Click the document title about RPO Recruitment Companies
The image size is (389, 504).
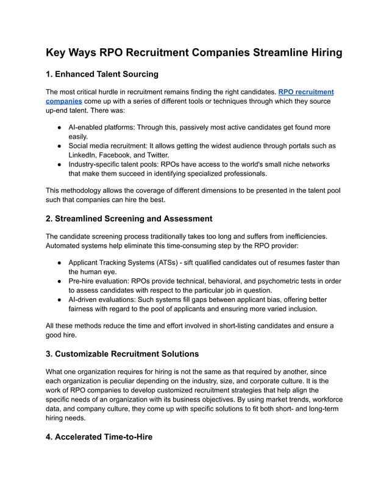coord(194,52)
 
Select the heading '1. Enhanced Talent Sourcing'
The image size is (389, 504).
coord(102,74)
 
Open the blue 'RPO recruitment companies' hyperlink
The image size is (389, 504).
coord(305,92)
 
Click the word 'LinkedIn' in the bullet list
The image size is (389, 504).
coord(84,156)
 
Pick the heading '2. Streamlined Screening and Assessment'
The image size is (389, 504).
coord(129,218)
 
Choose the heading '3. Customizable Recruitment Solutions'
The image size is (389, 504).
coord(123,353)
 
